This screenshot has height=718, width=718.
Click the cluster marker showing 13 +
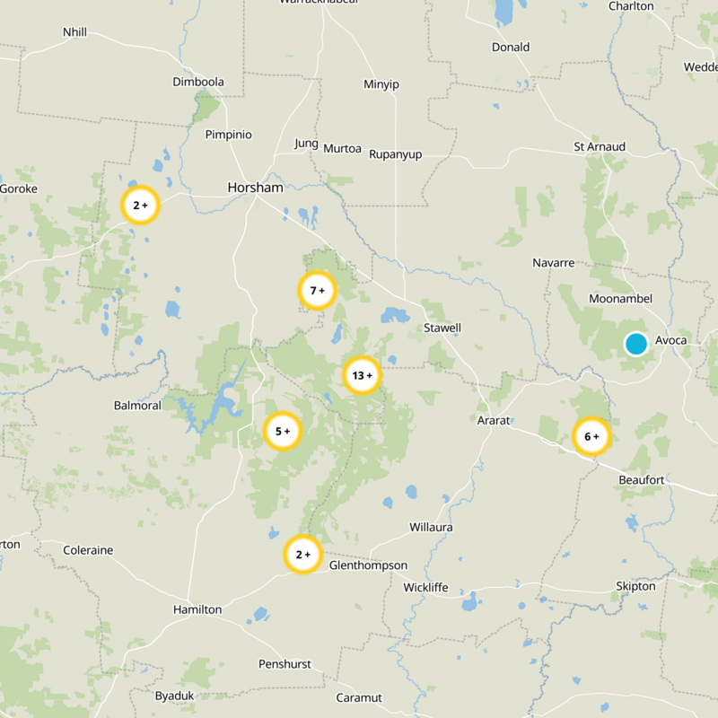[363, 375]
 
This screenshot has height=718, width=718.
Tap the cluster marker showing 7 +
[316, 291]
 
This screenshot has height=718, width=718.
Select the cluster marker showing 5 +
[283, 432]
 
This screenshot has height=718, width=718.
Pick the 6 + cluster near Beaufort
[591, 437]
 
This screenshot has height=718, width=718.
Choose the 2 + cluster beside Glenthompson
[302, 555]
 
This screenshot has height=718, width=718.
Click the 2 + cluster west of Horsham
[140, 206]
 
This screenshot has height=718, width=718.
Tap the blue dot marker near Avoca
[636, 344]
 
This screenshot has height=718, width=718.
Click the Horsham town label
[255, 188]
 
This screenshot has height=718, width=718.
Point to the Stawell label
[442, 328]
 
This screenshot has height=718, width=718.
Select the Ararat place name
[493, 420]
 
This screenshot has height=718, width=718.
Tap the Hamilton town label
[197, 609]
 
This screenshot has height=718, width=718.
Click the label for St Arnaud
[600, 146]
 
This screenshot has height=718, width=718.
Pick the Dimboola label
[197, 82]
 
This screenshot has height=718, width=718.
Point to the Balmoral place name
[137, 406]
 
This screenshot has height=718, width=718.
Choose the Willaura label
[431, 527]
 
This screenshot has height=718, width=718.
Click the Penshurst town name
[285, 664]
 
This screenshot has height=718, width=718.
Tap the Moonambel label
[620, 298]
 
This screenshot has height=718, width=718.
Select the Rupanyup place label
[395, 154]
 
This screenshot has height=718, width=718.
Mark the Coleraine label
[88, 550]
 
